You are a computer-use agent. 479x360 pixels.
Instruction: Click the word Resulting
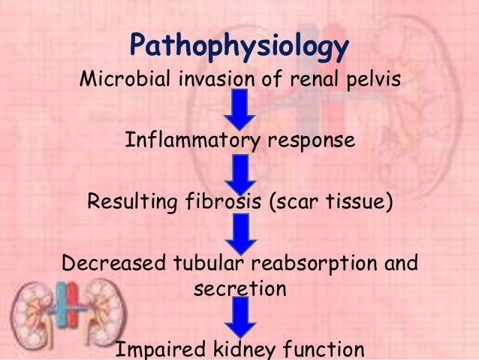point(128,202)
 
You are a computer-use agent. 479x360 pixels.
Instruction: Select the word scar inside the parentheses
point(284,202)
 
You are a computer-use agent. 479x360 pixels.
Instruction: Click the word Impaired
point(158,349)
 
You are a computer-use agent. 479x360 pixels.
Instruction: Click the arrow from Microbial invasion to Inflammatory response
point(239,109)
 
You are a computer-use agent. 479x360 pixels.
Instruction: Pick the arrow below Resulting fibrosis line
point(239,233)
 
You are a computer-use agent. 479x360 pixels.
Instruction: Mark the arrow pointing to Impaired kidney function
point(239,317)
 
